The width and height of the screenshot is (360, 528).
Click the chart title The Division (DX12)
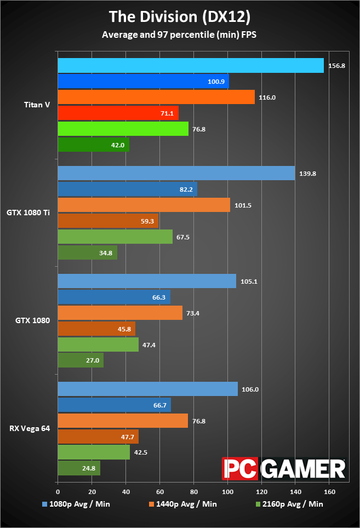180,16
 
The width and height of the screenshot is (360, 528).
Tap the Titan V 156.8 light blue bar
191,66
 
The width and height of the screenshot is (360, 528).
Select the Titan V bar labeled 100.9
143,82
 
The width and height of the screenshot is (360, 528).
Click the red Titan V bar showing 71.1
118,113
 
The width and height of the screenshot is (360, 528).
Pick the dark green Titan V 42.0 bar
93,145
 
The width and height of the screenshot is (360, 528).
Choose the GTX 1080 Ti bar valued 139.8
176,173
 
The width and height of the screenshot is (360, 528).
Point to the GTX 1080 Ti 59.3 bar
108,221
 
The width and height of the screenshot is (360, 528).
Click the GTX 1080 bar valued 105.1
147,281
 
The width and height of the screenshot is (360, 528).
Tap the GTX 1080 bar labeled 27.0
81,360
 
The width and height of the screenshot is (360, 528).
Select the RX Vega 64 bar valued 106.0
147,389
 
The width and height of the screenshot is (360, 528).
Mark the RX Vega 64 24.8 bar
79,468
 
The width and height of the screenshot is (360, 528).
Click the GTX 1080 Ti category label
28,212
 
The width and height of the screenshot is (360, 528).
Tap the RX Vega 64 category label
30,428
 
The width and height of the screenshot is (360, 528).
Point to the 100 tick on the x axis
227,484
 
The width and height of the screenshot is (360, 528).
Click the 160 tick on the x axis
329,484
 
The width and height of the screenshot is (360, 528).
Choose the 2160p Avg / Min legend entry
289,504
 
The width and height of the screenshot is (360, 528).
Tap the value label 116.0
267,97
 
